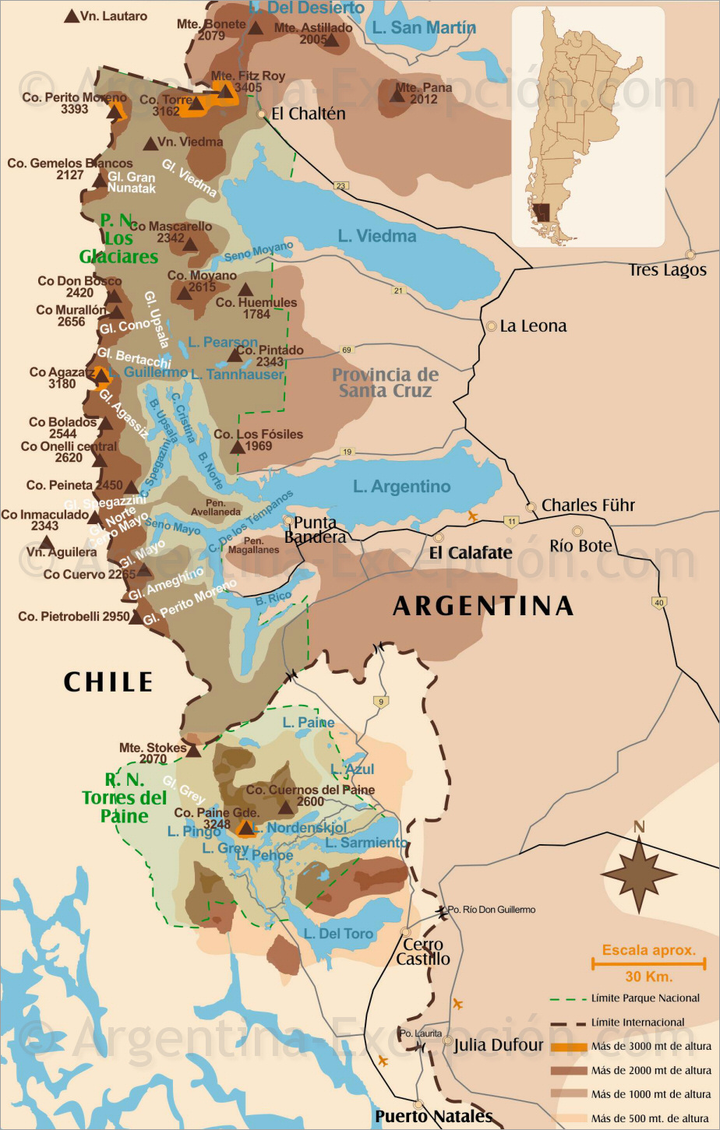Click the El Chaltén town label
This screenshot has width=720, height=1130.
click(x=308, y=114)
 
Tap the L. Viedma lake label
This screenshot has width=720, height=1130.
click(x=377, y=236)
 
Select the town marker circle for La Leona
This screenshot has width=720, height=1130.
click(x=492, y=326)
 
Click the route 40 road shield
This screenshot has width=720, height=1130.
click(x=659, y=602)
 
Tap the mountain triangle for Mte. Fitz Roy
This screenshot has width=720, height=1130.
click(x=226, y=91)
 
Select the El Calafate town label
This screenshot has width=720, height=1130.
click(x=471, y=553)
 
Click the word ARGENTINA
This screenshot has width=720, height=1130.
click(x=483, y=606)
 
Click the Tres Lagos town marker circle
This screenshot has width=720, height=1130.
click(x=690, y=255)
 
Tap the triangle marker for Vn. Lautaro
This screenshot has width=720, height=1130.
click(x=72, y=16)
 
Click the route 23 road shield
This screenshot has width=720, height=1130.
click(x=341, y=185)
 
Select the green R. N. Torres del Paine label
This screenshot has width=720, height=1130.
click(x=125, y=798)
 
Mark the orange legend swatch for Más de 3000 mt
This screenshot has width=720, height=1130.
click(x=568, y=1047)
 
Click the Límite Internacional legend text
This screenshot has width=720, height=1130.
click(x=637, y=1023)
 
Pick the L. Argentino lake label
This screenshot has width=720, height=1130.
click(x=401, y=487)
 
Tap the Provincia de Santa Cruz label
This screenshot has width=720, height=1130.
click(x=385, y=382)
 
